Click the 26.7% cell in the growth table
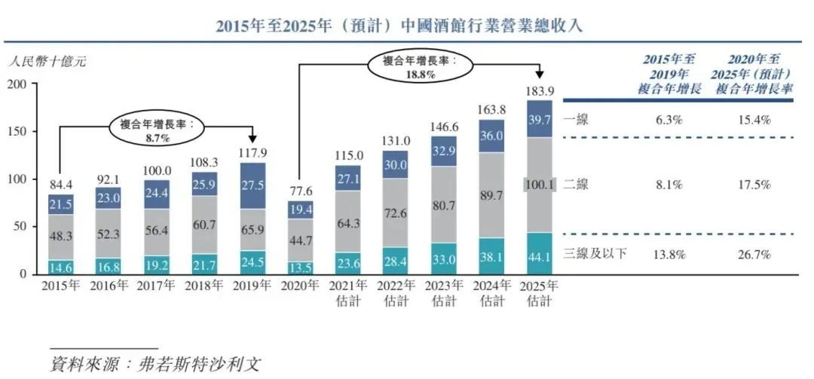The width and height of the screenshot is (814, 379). point(754,255)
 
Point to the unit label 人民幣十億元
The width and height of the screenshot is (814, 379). point(46,62)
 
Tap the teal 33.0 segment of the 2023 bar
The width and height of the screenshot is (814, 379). point(443,258)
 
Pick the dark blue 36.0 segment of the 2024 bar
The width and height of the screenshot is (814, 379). point(491,136)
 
